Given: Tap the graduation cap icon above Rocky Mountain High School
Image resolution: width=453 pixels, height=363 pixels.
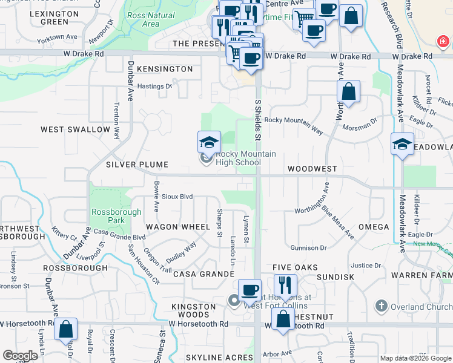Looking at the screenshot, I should point(209,143).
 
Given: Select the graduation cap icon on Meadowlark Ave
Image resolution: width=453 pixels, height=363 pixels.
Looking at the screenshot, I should point(402,145).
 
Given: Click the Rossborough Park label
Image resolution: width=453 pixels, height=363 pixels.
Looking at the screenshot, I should point(116,216).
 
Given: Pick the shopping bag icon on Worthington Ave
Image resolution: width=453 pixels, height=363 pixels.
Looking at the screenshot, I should point(349,92).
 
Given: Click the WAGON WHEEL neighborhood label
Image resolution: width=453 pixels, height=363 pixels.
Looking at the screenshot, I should point(177,227).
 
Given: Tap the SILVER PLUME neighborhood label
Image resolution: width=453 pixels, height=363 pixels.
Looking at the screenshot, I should point(136,165).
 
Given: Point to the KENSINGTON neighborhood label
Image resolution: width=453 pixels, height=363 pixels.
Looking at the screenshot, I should point(165,69).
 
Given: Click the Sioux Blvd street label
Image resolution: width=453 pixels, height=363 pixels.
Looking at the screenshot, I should point(177,197).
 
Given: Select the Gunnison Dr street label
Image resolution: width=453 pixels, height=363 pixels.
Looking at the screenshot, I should point(308,248).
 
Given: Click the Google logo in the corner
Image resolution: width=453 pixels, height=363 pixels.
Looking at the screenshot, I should point(20,356).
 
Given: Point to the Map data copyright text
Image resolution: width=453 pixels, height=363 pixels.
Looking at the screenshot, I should point(415,358).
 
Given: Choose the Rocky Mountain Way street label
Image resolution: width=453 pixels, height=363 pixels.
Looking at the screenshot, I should point(294,121).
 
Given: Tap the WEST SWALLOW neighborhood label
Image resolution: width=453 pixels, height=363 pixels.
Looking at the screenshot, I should point(76,129).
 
